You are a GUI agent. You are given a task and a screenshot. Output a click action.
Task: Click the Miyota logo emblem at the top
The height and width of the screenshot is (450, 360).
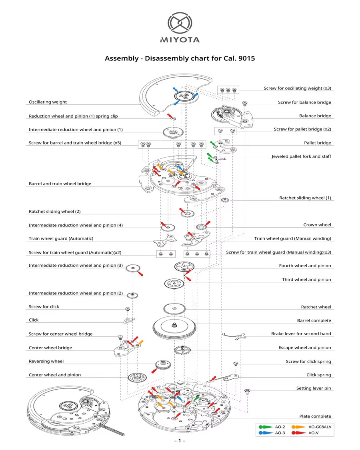180,23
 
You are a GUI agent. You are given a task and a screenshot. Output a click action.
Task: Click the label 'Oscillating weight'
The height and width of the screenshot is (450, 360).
48,102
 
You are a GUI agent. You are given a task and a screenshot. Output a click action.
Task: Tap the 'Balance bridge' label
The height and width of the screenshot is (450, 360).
315,116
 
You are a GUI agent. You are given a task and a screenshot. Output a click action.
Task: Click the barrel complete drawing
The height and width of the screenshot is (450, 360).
174,327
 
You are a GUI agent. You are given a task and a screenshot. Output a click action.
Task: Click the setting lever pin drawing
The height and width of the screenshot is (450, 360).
247,390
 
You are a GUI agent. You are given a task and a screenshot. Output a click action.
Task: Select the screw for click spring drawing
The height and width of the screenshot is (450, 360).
236,364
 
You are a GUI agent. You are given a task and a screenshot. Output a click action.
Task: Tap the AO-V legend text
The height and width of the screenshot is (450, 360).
314,433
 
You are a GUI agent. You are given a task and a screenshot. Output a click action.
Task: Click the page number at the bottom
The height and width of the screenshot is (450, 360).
180,441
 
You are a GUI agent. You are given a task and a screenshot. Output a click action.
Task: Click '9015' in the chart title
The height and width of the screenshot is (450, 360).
246,58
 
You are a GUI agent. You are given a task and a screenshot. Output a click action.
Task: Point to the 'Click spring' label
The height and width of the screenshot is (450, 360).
318,375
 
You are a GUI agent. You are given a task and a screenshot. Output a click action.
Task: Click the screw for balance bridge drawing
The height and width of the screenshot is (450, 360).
245,104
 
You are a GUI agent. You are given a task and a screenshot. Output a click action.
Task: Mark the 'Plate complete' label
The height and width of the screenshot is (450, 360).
315,416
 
